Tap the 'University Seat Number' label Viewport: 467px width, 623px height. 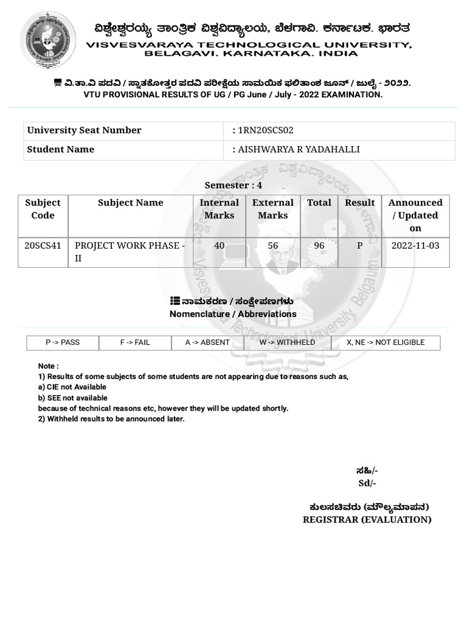coord(84,130)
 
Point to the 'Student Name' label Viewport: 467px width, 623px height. coord(61,150)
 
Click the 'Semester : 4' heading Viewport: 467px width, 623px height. coord(233,185)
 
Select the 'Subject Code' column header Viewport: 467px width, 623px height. coord(43,209)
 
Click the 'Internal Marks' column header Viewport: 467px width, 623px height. coord(219,209)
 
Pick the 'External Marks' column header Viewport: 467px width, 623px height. coord(273,209)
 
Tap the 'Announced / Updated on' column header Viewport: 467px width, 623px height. coord(415,215)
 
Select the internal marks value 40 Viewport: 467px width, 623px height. coord(219,246)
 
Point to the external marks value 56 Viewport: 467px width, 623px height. coord(273,246)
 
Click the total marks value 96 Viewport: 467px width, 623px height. coord(319,246)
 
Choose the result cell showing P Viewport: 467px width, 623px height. coord(359,246)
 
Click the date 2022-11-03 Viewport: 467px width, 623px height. coord(415,246)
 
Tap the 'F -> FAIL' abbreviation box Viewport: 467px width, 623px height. coord(135,343)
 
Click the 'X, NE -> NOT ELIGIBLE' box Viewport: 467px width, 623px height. coord(386,343)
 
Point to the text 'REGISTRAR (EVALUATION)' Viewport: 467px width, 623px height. coord(367,520)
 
